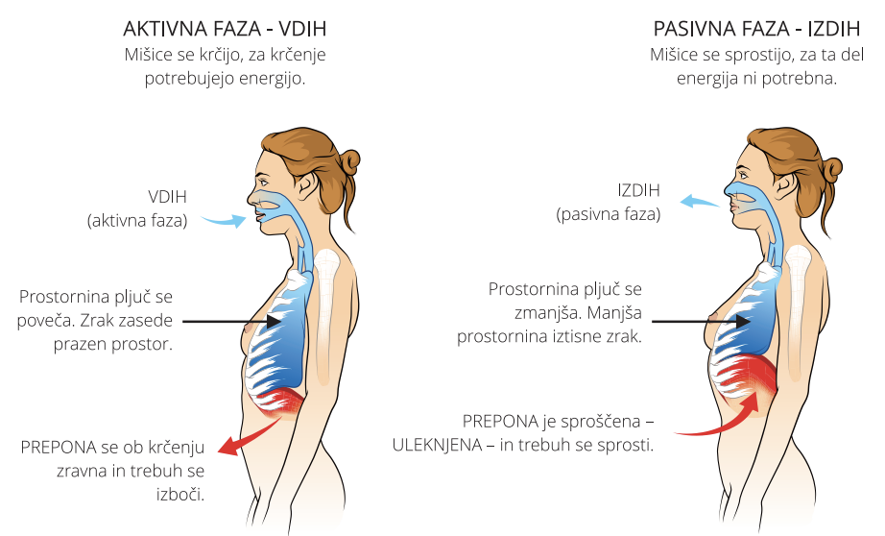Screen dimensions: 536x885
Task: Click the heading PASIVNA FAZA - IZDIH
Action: pyautogui.click(x=756, y=28)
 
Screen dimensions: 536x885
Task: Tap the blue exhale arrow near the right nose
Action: pyautogui.click(x=703, y=200)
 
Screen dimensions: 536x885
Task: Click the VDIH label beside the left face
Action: pyautogui.click(x=167, y=197)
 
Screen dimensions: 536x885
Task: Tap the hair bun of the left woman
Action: pyautogui.click(x=349, y=160)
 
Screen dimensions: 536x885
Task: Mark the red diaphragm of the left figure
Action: pyautogui.click(x=282, y=401)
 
